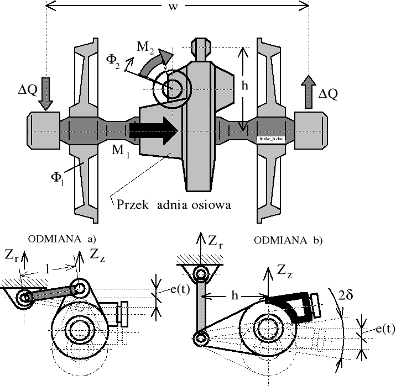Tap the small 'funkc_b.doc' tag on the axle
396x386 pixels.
coord(272,140)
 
